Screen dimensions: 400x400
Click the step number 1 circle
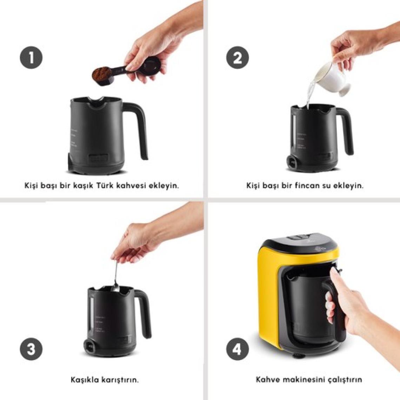point(31,58)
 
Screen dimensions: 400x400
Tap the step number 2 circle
point(238,58)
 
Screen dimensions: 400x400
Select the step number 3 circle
point(31,349)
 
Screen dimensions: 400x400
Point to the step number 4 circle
point(238,349)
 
